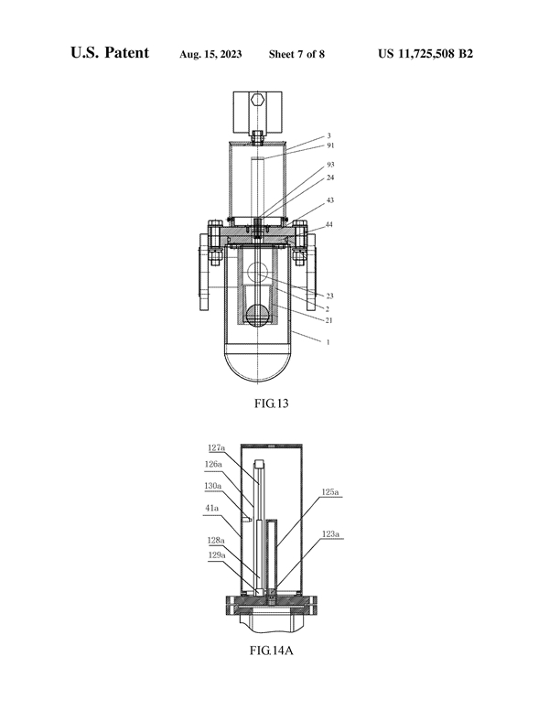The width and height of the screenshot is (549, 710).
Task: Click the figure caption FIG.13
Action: [x=271, y=403]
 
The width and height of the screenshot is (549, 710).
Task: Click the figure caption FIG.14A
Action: [x=272, y=651]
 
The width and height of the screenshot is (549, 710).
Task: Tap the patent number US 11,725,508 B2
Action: [x=425, y=54]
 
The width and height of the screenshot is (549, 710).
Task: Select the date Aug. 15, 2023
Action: [x=210, y=54]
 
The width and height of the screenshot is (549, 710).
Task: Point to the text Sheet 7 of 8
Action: [x=296, y=54]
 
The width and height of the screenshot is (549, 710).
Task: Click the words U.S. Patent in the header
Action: [x=110, y=52]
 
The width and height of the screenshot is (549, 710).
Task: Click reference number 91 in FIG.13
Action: [x=330, y=145]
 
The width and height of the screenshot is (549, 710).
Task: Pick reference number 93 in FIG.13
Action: [x=330, y=165]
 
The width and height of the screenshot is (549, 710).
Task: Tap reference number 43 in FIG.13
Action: [x=329, y=200]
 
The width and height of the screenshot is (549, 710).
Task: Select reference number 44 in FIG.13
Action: [x=329, y=224]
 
